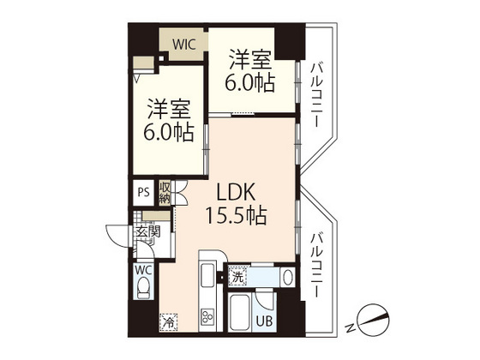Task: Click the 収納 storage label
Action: point(164,192)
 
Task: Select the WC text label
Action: point(142,267)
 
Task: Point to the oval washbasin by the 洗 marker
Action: point(288,277)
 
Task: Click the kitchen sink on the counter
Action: point(207,278)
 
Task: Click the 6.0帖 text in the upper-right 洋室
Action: point(250,83)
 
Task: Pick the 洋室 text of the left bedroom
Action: point(167,111)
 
